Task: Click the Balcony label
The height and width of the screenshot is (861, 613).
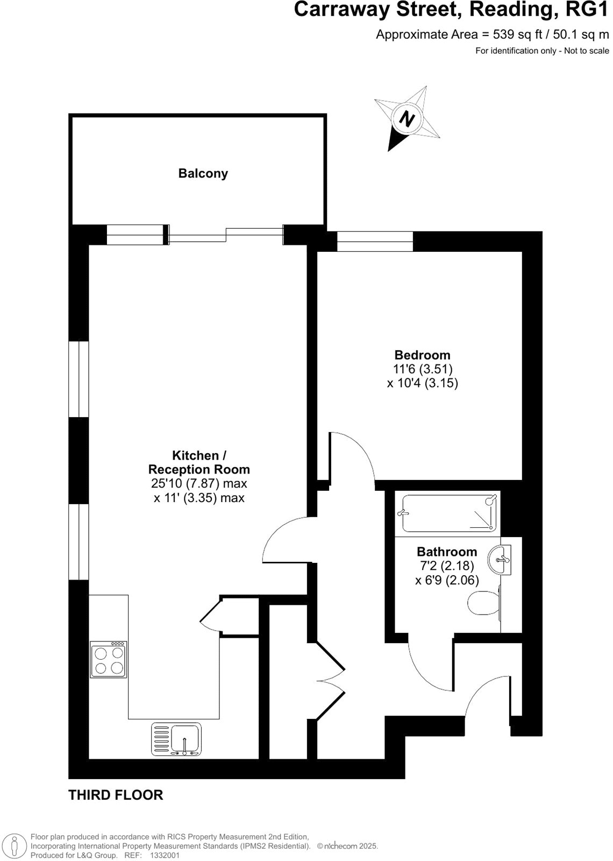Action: [x=203, y=173]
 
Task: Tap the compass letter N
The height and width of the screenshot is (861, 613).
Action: [x=409, y=118]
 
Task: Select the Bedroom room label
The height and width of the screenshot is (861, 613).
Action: [x=422, y=355]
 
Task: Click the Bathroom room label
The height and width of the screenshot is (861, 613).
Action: [x=447, y=552]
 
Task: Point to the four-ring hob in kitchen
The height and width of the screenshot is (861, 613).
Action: [x=109, y=660]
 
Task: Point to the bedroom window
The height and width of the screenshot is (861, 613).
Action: [x=375, y=241]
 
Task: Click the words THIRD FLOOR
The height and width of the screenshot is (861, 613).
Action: [x=116, y=795]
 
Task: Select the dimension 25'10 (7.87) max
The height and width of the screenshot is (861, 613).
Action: [x=199, y=483]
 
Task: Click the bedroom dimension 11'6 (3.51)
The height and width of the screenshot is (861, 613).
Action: [x=423, y=369]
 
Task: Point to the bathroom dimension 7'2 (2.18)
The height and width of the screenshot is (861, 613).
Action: [x=447, y=566]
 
